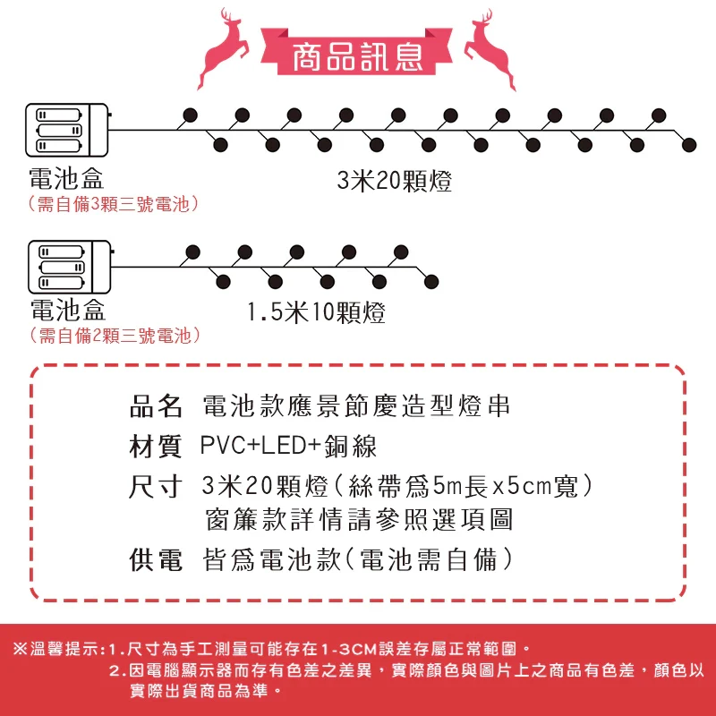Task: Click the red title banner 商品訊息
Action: [357, 55]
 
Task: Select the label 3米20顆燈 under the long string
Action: [394, 183]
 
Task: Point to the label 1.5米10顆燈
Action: [316, 313]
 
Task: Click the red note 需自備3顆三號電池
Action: [113, 204]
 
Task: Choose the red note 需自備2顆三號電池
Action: [113, 336]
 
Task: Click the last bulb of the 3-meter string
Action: [689, 145]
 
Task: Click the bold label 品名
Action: [157, 406]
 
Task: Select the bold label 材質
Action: [157, 447]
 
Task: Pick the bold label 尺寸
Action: [157, 488]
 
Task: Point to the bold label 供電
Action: [157, 561]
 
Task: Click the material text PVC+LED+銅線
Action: [288, 447]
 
